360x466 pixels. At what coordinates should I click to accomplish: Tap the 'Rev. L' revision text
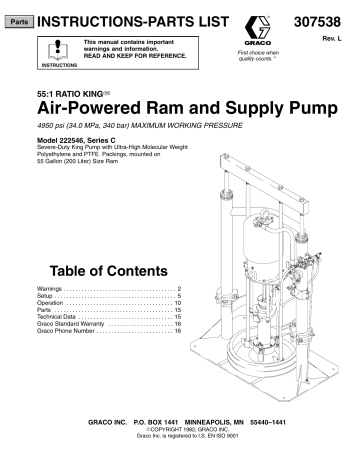[x=338, y=36]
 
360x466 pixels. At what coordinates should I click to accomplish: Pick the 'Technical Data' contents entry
[x=57, y=327]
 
